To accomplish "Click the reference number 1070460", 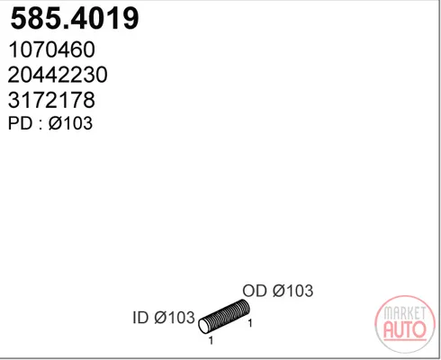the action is point(52,49).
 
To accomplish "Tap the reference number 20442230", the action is point(58,75).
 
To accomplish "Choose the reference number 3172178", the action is point(51,100).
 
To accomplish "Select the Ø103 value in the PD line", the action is point(70,123).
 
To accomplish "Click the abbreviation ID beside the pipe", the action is point(140,317).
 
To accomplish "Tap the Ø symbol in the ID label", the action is point(161,317).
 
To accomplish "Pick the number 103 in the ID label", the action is point(182,317).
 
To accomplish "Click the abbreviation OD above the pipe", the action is point(255,291).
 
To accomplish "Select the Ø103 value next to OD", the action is point(293,291).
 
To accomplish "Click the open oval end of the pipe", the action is point(204,326).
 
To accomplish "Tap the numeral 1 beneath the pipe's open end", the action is point(211,340).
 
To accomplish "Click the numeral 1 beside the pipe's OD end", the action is point(250,323).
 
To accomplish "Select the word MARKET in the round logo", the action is point(405,313).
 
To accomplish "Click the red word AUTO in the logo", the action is point(405,329).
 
